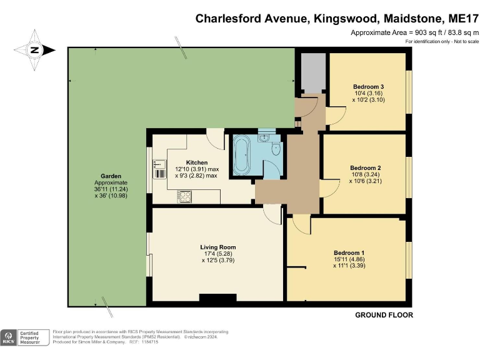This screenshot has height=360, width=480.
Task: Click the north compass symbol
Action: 35,50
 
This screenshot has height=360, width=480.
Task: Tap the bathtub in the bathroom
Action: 242,155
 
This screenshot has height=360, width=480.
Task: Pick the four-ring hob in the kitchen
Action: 185,196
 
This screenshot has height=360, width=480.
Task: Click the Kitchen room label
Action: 201,162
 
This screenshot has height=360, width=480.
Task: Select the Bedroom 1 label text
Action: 349,252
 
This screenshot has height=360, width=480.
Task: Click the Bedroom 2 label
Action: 366,167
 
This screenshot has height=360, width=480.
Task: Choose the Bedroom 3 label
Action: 368,86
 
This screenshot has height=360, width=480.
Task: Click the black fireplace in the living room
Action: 213,298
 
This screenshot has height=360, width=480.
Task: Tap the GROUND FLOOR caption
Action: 384,315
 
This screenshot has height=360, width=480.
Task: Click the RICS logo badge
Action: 9,337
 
